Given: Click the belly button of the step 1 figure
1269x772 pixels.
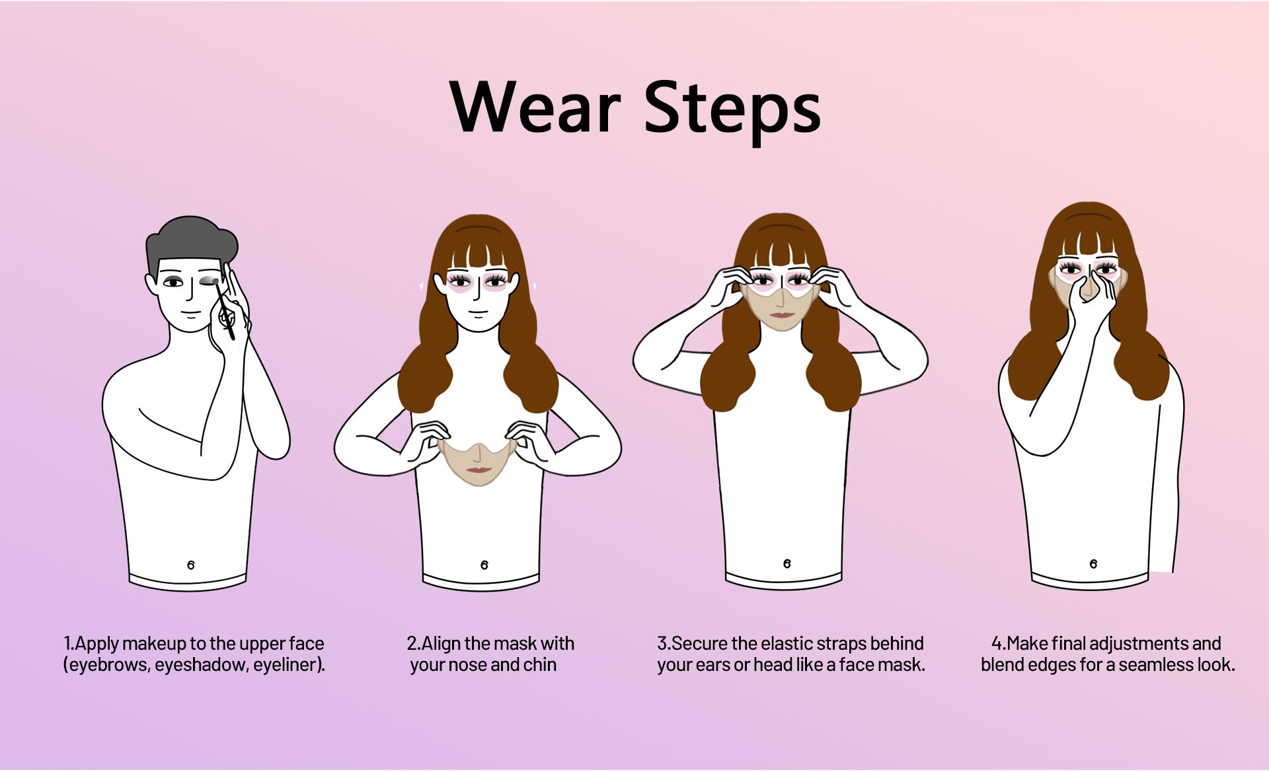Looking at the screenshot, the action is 191,565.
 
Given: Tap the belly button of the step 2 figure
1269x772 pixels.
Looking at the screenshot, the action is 484,565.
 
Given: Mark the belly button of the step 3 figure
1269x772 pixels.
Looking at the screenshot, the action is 787,563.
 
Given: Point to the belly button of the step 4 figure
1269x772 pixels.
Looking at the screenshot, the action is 1093,563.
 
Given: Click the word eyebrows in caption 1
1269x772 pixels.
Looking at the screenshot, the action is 108,664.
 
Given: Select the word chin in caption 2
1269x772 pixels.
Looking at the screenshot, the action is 540,664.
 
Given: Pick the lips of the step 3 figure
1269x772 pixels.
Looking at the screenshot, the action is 782,315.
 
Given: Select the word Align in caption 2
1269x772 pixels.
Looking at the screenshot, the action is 441,644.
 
